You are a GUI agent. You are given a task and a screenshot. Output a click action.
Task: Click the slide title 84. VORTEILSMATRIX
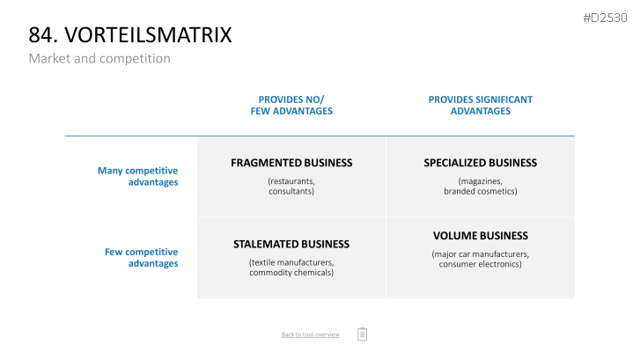point(130,34)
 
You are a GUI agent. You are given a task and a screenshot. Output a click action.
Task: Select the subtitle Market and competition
point(99,59)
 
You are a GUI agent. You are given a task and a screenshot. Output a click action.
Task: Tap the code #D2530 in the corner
point(605,18)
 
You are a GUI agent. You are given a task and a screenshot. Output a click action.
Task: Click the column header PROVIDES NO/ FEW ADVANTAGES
point(291,106)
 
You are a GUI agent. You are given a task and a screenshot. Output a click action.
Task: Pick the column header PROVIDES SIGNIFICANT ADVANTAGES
point(481,106)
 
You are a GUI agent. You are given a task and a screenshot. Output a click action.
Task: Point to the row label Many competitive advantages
point(138,176)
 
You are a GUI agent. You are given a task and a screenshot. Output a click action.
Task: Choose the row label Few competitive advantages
point(141,258)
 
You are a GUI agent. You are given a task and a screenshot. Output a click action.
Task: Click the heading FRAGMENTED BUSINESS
point(291,163)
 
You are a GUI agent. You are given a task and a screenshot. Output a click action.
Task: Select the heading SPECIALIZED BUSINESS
point(481,163)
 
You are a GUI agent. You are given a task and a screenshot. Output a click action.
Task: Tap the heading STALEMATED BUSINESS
point(291,244)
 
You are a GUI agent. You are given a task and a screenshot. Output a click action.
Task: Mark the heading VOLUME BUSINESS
point(481,236)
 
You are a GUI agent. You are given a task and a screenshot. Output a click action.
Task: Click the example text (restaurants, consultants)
point(291,186)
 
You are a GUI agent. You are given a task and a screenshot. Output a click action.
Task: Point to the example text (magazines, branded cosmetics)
point(481,186)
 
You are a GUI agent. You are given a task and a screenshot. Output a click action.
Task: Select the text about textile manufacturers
point(291,268)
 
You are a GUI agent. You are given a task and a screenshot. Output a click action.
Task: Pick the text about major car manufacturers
point(481,259)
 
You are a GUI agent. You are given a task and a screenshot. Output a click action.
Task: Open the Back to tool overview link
point(310,334)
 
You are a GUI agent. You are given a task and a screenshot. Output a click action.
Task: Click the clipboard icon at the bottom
point(362,334)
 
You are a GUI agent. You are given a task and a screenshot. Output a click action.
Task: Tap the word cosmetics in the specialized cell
point(498,191)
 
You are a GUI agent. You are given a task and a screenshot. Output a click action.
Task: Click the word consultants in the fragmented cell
point(291,191)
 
